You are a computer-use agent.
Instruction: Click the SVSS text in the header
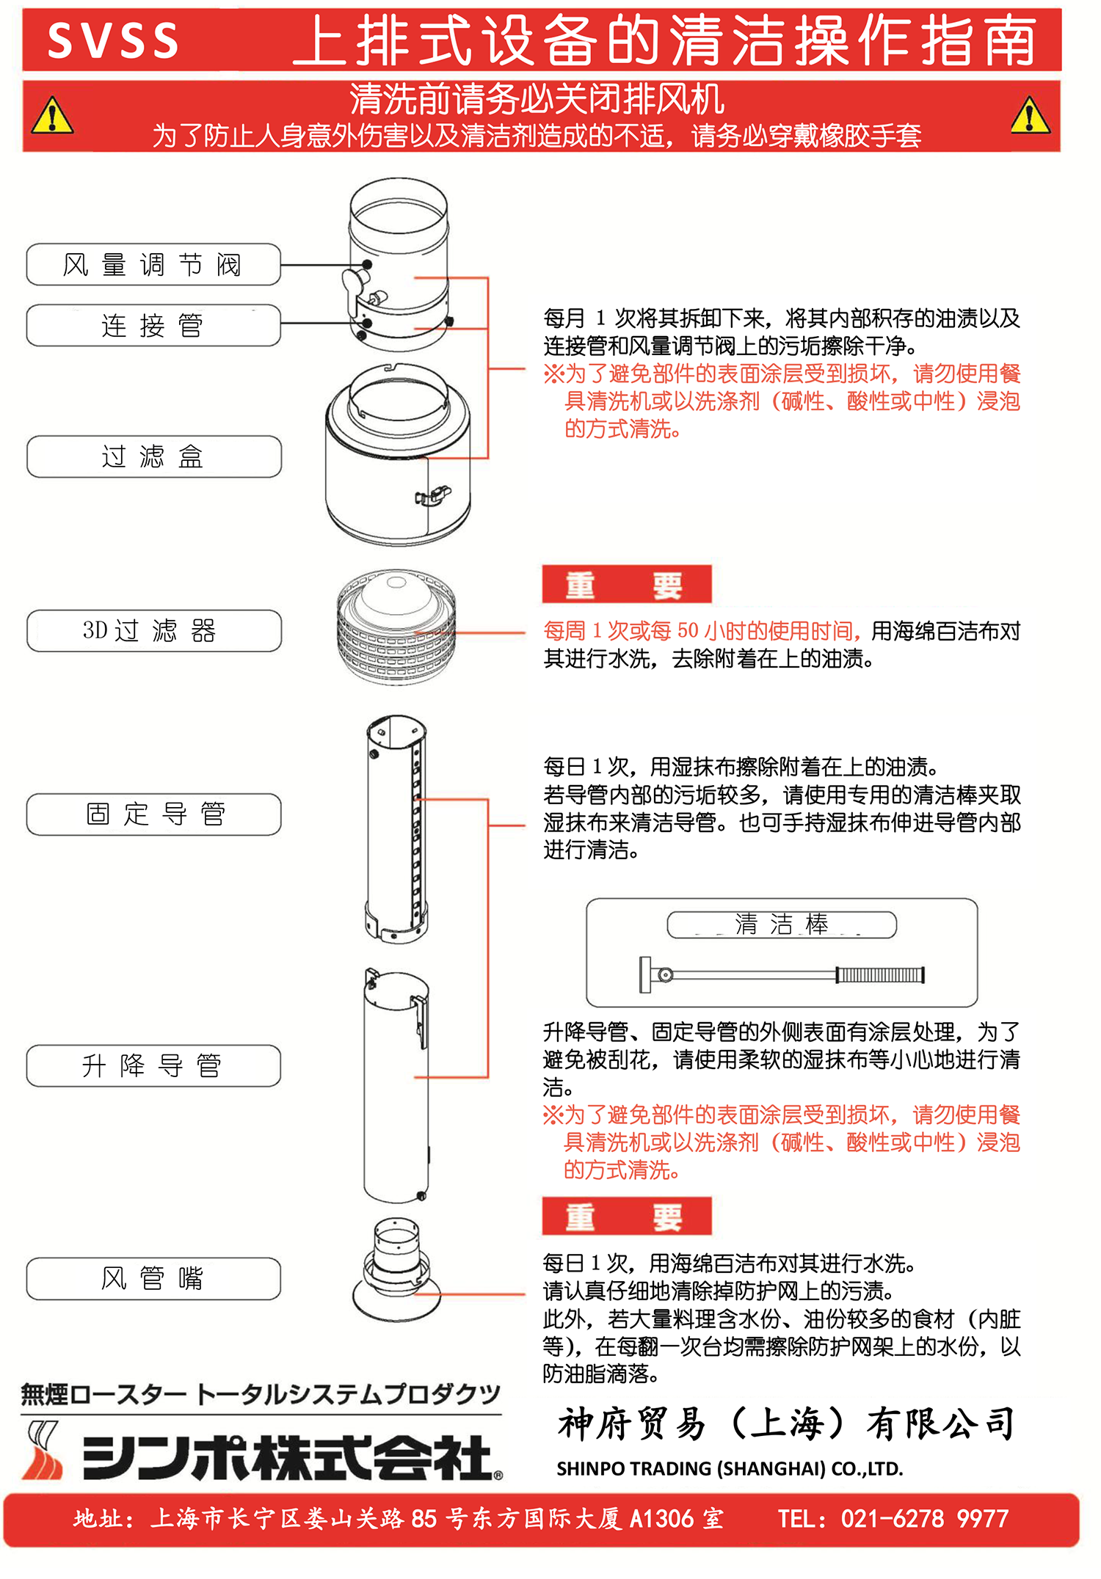pos(113,40)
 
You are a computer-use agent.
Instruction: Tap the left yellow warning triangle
pos(52,116)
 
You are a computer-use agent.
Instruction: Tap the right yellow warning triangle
pos(1031,116)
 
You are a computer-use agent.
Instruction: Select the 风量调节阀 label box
pos(153,264)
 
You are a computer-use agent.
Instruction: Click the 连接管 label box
pos(153,325)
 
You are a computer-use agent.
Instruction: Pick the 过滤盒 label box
pos(154,456)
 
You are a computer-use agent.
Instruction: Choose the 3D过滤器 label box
pos(154,630)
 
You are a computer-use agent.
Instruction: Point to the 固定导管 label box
pos(153,814)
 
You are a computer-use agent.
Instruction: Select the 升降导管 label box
pos(153,1065)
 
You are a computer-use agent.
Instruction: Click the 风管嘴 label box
pos(153,1279)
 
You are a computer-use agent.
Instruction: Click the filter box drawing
pos(399,453)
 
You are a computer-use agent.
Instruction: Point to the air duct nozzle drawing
pos(396,1270)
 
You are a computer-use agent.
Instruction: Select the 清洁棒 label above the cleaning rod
pos(782,925)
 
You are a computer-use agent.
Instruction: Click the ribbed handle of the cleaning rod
pos(880,975)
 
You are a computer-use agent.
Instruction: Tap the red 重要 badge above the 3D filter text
pos(627,585)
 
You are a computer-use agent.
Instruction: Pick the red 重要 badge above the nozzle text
pos(627,1217)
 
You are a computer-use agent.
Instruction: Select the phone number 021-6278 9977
pos(925,1518)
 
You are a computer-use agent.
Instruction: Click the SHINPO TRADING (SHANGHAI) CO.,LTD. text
pos(730,1468)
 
